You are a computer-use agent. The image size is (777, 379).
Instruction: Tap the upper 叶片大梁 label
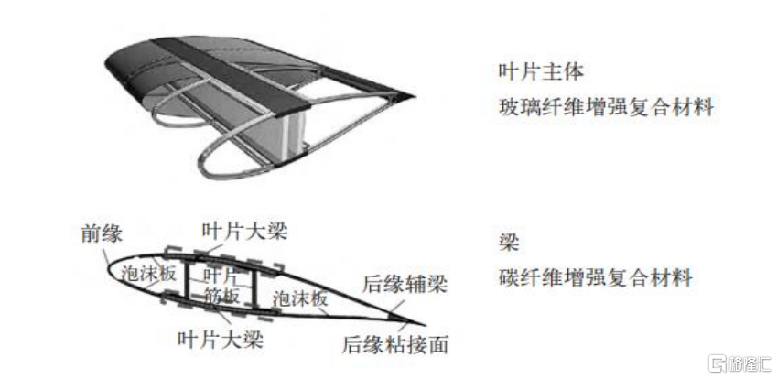click(x=244, y=231)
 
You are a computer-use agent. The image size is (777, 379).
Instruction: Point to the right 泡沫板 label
click(x=299, y=297)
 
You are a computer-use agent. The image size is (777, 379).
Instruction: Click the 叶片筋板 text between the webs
click(x=221, y=285)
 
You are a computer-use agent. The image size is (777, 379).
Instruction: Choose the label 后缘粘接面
click(x=394, y=343)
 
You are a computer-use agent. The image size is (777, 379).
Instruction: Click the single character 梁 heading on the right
click(x=509, y=242)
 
